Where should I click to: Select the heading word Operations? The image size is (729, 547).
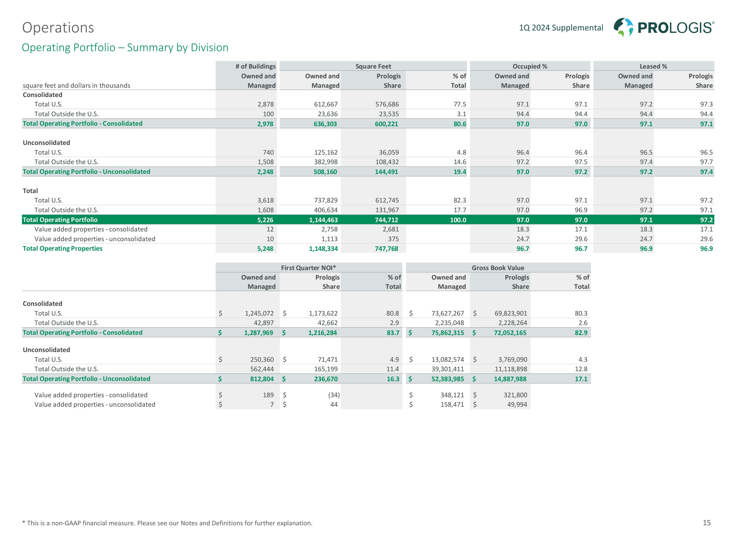pos(58,28)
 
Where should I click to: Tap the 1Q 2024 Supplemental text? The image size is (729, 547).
pos(561,28)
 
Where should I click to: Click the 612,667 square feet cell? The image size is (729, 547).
pos(326,105)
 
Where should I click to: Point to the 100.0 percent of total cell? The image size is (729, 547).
pos(458,220)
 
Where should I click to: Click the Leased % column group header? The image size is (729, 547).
pos(653,66)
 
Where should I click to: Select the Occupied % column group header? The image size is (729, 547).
pos(529,66)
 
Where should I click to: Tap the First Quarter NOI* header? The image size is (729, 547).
pos(308,268)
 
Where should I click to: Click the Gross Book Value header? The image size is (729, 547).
pos(498,268)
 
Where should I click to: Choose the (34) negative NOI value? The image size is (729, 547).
pos(334,395)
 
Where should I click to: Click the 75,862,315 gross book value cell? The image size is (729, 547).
pos(448,333)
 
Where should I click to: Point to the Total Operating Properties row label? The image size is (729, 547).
pos(63,249)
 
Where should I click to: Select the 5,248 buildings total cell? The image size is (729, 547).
pos(265,249)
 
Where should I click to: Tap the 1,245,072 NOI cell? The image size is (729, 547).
pos(259,313)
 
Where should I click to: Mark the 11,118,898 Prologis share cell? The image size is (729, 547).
pos(511,369)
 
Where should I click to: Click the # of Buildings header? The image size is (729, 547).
pos(255,66)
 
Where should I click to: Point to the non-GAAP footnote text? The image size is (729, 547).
pos(167,523)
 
